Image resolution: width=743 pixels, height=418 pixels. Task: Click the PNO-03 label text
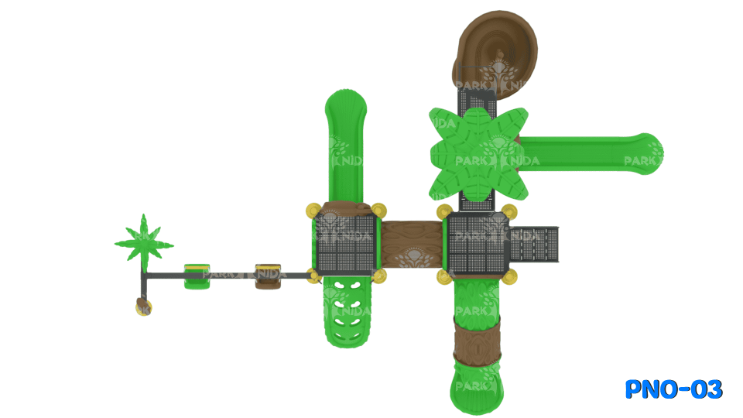pos(673,389)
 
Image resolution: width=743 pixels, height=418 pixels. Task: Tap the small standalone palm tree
pos(143,241)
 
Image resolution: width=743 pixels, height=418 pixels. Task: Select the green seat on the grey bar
pos(197,275)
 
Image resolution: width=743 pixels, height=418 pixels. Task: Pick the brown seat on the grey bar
pos(268,276)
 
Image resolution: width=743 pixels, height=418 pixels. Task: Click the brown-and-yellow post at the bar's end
pos(143,306)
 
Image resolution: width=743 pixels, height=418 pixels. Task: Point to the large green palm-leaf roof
pos(478,153)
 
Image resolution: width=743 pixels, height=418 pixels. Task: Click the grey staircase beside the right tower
pos(534,243)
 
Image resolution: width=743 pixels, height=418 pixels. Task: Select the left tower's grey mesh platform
pos(345,245)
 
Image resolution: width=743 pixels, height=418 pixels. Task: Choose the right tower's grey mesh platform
pos(478,245)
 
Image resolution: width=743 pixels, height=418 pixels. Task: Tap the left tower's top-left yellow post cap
pos(313,210)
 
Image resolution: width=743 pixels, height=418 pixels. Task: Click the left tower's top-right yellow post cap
pos(378,210)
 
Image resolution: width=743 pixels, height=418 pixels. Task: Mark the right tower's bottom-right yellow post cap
pos(510,276)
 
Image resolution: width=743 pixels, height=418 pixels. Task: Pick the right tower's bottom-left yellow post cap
pos(443,276)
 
